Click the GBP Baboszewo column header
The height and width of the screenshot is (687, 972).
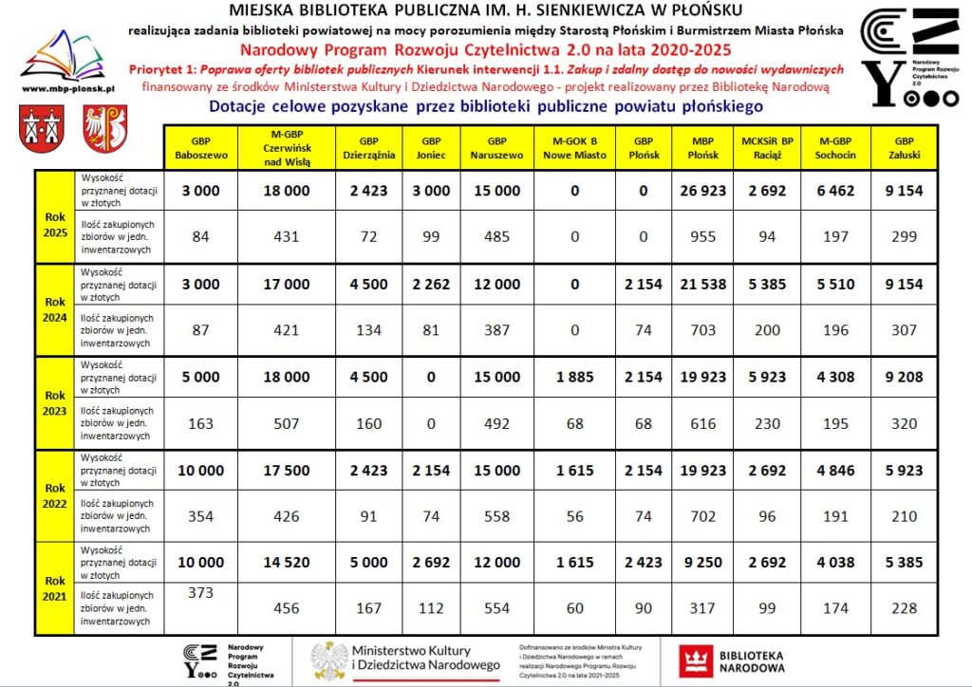click(x=200, y=147)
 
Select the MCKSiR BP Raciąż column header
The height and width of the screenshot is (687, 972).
click(x=766, y=147)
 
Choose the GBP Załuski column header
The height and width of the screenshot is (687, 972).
click(x=904, y=147)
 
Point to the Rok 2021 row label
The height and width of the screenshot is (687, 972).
click(x=55, y=587)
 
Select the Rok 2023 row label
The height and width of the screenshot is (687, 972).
click(x=55, y=402)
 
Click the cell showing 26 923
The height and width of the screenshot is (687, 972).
click(x=701, y=191)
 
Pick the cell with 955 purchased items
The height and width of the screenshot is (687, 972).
click(x=701, y=237)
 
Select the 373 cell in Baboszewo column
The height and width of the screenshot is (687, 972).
click(x=200, y=592)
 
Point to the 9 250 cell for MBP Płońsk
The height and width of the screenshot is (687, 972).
click(x=701, y=563)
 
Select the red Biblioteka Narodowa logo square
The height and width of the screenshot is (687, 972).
click(x=696, y=660)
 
